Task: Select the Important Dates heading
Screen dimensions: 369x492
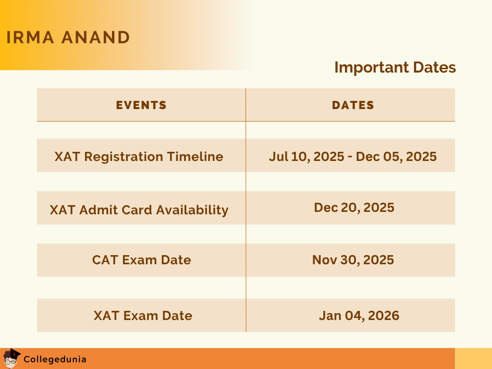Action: coord(395,67)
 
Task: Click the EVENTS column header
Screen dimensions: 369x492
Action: coord(141,105)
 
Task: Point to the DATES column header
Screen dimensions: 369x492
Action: coord(353,105)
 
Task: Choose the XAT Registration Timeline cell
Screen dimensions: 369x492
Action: coord(139,157)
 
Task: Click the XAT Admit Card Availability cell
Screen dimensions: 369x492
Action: coord(139,209)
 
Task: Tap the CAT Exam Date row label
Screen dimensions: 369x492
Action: coord(141,260)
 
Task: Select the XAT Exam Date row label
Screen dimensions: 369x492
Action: coord(143,315)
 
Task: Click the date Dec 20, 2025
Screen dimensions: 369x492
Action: coord(354,208)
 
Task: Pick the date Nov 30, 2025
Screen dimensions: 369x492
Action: coord(353,260)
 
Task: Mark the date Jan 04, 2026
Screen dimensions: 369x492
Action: coord(359,315)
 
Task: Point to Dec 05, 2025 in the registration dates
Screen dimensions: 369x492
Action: coord(396,157)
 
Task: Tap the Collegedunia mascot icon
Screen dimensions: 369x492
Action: coord(11,358)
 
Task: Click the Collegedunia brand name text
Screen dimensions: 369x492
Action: coord(55,359)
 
